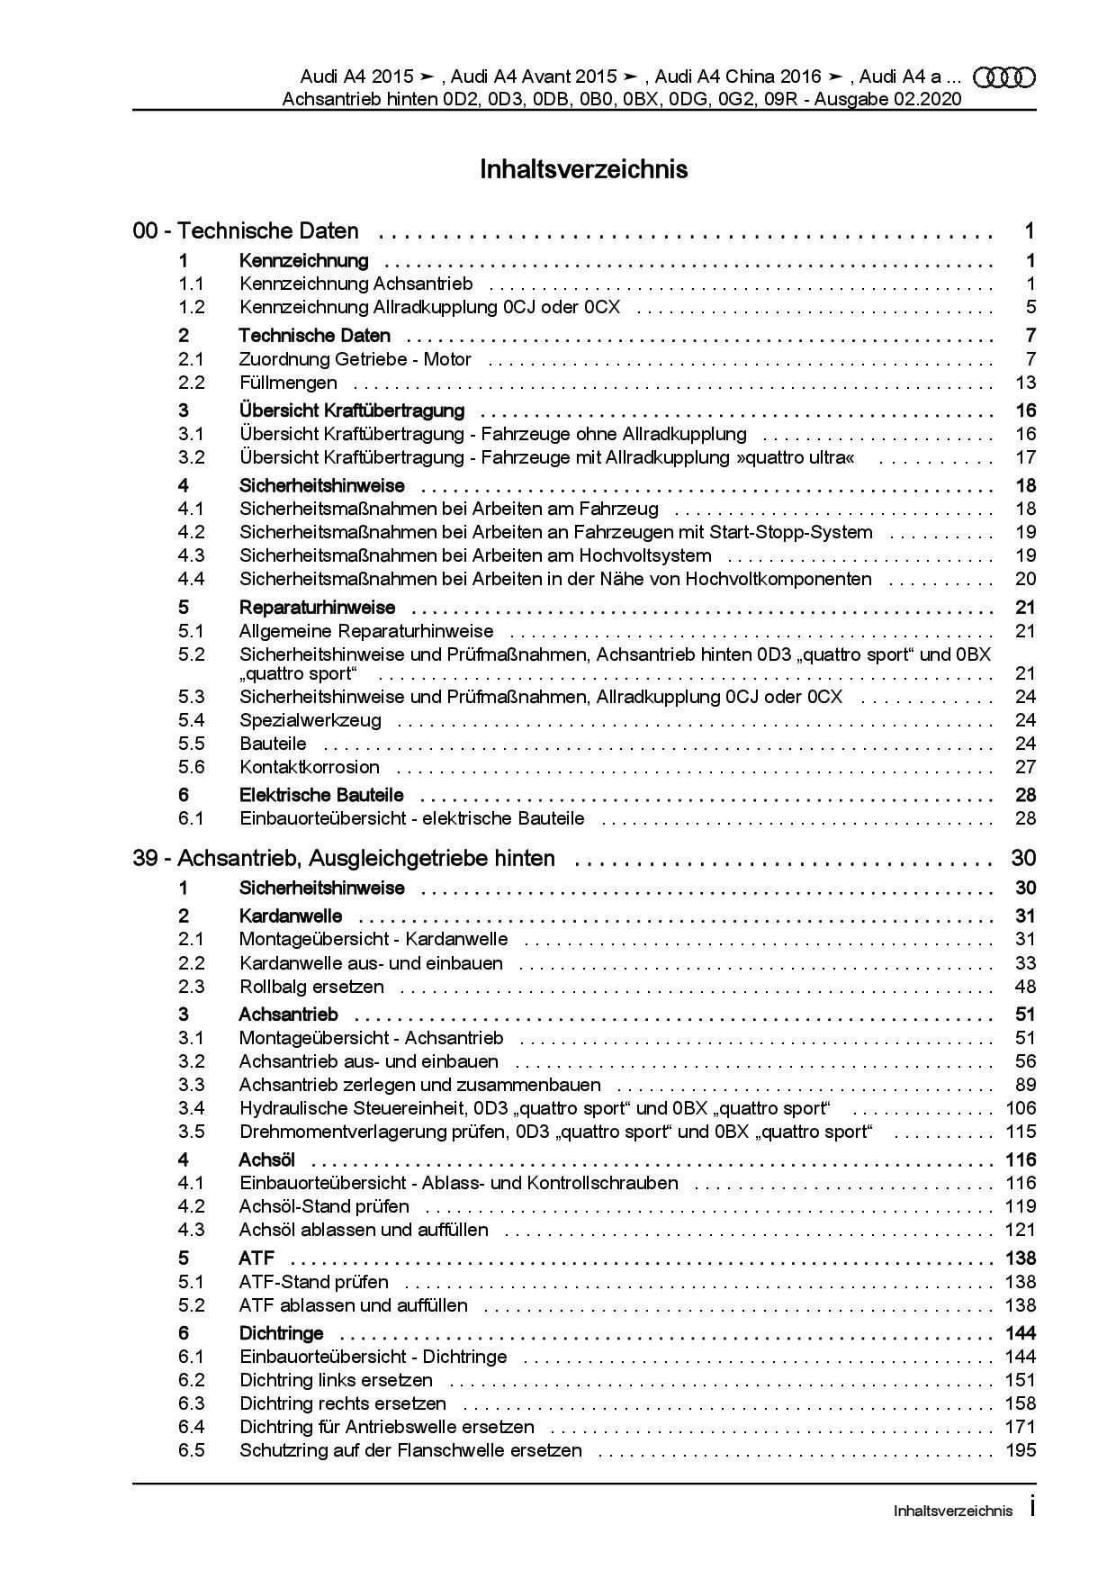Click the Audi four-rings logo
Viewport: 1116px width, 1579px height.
[x=1004, y=78]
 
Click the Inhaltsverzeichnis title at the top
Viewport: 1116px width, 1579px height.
[x=584, y=169]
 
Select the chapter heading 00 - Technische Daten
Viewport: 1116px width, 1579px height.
[x=246, y=231]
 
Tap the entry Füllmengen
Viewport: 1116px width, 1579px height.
[x=288, y=383]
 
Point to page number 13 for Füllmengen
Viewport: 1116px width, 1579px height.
[x=1025, y=383]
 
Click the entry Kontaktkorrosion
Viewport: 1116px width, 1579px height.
[x=310, y=767]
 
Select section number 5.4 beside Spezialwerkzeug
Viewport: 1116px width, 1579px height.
[x=192, y=720]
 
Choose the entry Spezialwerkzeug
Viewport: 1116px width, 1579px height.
[x=310, y=720]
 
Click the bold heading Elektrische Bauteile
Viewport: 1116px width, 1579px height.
[x=321, y=795]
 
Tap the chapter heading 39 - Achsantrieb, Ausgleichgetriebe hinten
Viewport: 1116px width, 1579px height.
[x=344, y=859]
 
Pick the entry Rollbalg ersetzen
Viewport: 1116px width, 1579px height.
[x=311, y=987]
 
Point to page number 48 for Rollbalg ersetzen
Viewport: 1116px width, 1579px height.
[x=1025, y=987]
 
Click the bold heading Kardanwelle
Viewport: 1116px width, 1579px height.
[x=291, y=916]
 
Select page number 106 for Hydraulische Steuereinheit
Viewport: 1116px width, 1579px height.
[x=1021, y=1108]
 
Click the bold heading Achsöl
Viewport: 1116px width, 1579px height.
[x=267, y=1159]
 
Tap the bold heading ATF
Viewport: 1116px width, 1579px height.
[x=256, y=1259]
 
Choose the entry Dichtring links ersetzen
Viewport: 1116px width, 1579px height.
[x=336, y=1380]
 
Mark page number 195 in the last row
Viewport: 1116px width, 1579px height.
[x=1021, y=1450]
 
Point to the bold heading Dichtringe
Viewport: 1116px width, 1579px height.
[x=282, y=1333]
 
